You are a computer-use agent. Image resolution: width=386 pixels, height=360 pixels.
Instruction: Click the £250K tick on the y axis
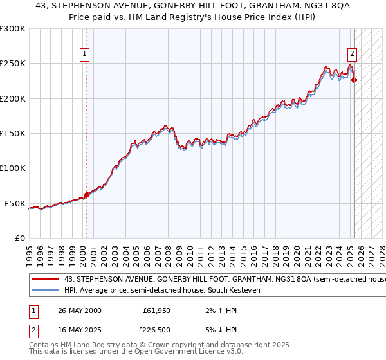coord(13,64)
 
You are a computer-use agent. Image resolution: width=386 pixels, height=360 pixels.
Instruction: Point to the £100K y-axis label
coord(13,168)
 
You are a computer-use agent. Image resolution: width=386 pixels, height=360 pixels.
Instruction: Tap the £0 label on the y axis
coord(19,238)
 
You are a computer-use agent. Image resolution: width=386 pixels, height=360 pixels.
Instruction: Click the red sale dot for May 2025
coord(354,80)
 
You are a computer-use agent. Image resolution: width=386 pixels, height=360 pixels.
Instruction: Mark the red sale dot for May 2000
coord(87,195)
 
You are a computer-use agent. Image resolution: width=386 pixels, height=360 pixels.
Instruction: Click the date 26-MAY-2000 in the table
coord(80,310)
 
